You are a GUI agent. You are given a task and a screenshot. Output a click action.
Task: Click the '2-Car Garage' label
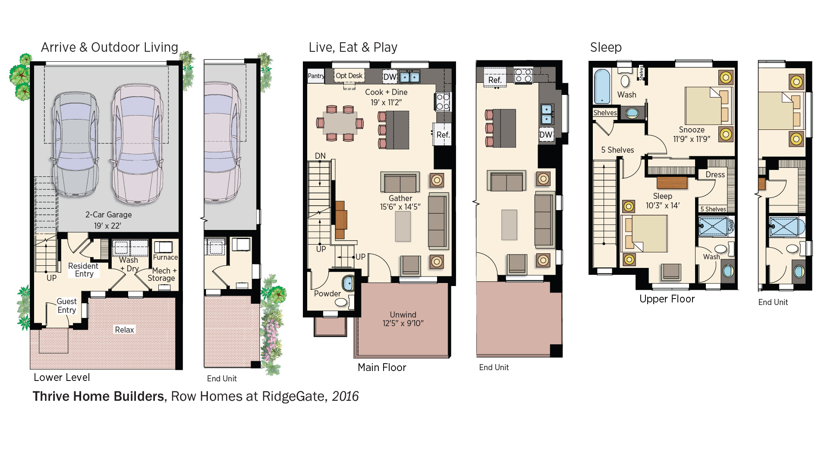(108, 215)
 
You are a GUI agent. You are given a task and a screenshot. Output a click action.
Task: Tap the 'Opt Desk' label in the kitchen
(349, 76)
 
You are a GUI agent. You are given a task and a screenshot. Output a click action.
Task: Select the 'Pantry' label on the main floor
(316, 76)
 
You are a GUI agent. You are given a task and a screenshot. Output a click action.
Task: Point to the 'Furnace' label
(165, 257)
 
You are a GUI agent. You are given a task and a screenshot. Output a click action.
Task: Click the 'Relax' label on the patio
(124, 330)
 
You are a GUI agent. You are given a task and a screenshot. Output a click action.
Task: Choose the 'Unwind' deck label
(403, 315)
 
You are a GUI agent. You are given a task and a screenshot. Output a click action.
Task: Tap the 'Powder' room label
(327, 294)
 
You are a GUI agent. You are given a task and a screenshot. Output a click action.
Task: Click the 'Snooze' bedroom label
(692, 130)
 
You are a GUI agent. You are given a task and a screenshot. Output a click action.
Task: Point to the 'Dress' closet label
(715, 175)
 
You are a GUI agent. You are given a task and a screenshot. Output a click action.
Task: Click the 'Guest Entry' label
(67, 306)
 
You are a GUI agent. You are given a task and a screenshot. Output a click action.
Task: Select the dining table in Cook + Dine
(340, 123)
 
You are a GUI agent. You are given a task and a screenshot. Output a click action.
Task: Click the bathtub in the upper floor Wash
(602, 86)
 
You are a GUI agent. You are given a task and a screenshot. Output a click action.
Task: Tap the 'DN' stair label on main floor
(320, 156)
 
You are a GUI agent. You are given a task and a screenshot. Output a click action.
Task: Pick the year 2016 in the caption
(345, 396)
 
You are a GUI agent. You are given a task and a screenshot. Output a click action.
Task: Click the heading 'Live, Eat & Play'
(353, 47)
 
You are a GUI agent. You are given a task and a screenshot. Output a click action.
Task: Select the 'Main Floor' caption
(382, 368)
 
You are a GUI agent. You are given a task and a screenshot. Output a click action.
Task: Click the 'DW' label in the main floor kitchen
(390, 77)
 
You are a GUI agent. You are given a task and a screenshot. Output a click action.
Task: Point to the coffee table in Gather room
(403, 226)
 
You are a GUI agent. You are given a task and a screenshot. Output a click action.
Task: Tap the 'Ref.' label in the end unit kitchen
(495, 80)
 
